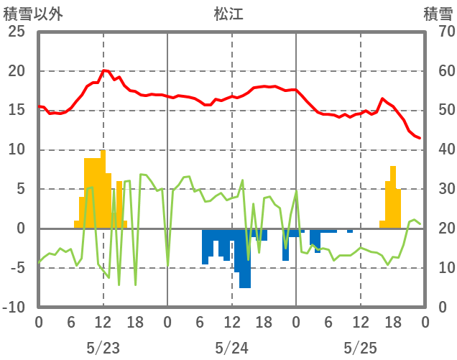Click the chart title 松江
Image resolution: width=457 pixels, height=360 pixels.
coord(228,14)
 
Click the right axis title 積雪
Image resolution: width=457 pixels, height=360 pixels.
coord(437,14)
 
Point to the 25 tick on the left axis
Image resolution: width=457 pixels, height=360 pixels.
coord(15,32)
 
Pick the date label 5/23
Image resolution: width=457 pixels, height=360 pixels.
coord(103,348)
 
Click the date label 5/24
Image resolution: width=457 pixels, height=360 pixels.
coord(231,348)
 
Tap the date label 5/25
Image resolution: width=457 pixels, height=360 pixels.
coord(360,348)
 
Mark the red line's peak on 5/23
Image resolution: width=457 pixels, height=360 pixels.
coord(104,70)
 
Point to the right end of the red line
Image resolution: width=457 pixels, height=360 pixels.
coord(420,138)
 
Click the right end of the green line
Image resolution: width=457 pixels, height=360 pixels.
coord(420,224)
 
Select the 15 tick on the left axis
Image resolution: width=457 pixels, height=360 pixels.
coord(17,111)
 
